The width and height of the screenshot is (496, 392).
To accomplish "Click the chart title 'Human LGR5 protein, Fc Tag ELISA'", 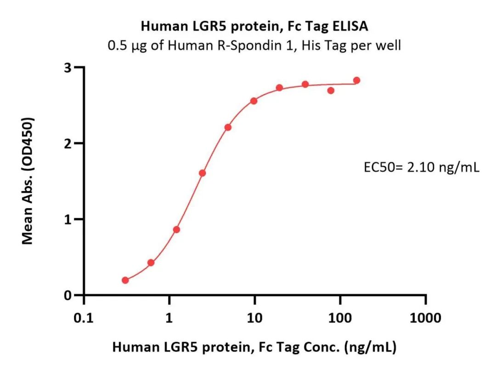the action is (x=254, y=26).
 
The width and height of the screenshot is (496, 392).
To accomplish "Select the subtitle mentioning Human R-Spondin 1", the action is (x=254, y=45).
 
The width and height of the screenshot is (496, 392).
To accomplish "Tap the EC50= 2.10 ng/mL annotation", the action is (x=421, y=167).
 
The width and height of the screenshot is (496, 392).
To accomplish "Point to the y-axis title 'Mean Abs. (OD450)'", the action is (x=28, y=181).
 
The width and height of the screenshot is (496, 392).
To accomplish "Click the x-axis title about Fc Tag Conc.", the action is (x=254, y=347).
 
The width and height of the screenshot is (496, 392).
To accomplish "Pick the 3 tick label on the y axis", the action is (x=68, y=68).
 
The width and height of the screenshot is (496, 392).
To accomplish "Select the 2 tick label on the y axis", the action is (x=68, y=143).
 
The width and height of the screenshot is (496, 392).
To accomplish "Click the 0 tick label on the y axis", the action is (x=68, y=295).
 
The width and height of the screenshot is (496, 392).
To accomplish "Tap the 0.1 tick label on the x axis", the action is (x=84, y=318).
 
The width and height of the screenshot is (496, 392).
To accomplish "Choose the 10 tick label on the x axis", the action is (x=254, y=318).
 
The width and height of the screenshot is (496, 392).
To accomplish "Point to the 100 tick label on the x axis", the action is (x=340, y=318).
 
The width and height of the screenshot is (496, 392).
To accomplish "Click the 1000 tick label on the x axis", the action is (x=425, y=318).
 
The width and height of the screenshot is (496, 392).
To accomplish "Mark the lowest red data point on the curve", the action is (x=125, y=280).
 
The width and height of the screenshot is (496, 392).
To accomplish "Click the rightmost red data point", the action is (x=357, y=80).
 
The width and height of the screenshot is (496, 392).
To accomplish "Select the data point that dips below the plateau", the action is (x=331, y=91).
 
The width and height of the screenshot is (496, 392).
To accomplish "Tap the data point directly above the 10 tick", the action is (x=254, y=101).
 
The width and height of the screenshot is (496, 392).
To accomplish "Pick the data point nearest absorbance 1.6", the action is (x=203, y=173).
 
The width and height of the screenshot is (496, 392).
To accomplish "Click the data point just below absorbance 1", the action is (x=177, y=230).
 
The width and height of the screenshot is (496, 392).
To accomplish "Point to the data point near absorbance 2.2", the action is (x=228, y=127).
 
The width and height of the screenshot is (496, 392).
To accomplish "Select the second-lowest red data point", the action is (x=151, y=262).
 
